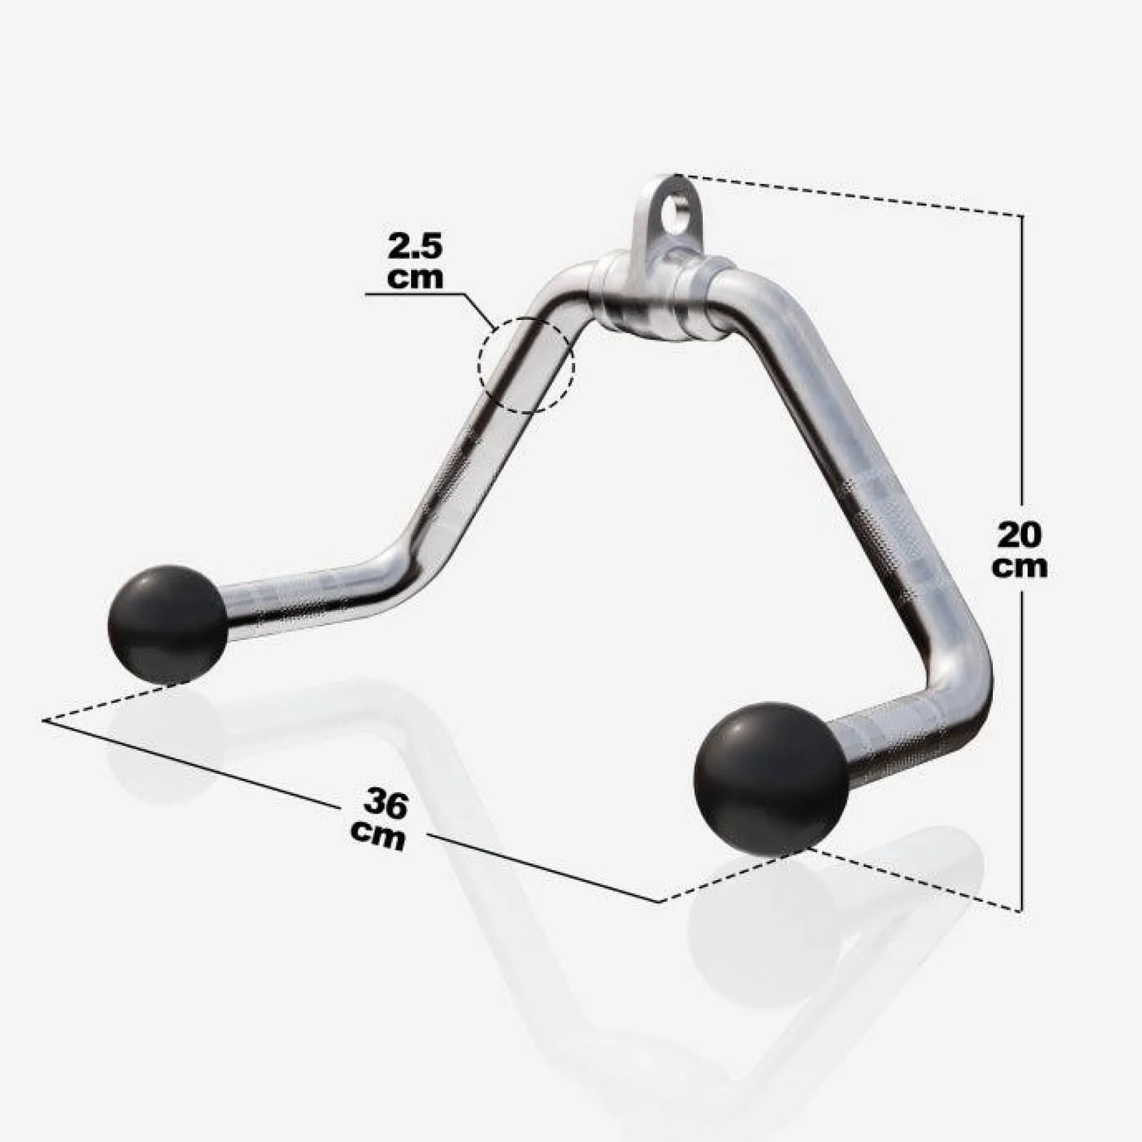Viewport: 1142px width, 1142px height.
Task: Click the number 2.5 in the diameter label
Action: tap(415, 247)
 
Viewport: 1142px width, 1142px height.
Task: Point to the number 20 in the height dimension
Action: tap(1020, 536)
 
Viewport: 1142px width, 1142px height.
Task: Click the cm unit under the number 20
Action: tap(1019, 567)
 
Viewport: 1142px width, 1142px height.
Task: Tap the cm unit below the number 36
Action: tap(377, 835)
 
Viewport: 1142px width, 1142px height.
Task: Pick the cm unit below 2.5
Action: tap(415, 279)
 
